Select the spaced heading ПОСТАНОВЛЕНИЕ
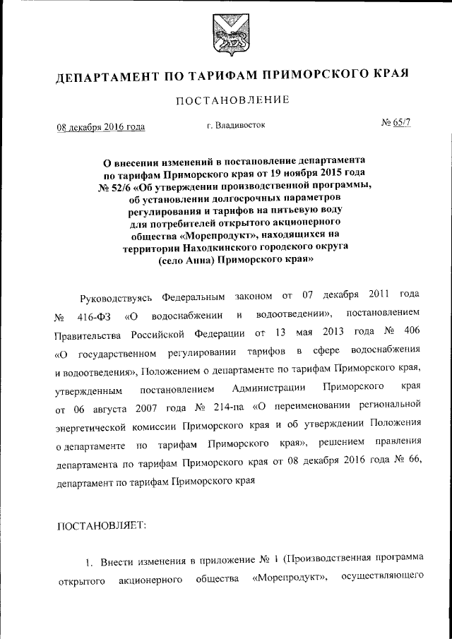(232, 100)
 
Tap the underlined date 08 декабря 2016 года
(100, 127)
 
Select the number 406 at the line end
(413, 332)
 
